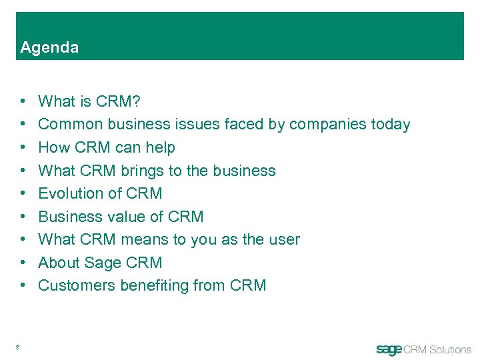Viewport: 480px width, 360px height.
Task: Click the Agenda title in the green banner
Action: (49, 47)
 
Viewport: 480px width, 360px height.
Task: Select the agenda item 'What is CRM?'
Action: (89, 101)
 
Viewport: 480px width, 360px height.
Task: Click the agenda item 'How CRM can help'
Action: (107, 147)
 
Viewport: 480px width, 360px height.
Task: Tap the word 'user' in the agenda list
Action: (284, 239)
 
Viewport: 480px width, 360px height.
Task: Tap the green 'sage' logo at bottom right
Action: (389, 350)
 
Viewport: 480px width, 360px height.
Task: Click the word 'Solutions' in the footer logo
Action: (449, 349)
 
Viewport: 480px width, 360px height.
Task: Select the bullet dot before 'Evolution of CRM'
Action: (23, 193)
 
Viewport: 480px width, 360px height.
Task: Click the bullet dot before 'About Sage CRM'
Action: (23, 263)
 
